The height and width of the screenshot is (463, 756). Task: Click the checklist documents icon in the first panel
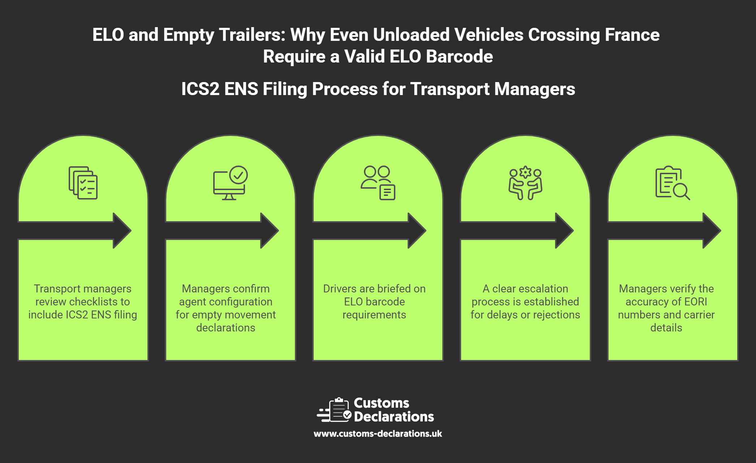(83, 183)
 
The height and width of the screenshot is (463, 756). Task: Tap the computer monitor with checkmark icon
(230, 183)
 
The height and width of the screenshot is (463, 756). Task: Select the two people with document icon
(378, 183)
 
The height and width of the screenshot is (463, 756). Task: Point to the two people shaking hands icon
(525, 183)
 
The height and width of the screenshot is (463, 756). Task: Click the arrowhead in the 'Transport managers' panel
(122, 231)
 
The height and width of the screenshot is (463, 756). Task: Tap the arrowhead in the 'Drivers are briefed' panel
(417, 231)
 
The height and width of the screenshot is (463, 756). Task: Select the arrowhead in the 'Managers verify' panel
(712, 231)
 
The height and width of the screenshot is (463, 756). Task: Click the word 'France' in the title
(632, 35)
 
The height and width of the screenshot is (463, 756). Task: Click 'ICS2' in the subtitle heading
(200, 89)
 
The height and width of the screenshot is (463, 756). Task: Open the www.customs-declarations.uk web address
(378, 434)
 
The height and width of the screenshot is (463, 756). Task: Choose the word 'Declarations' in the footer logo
(394, 417)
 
